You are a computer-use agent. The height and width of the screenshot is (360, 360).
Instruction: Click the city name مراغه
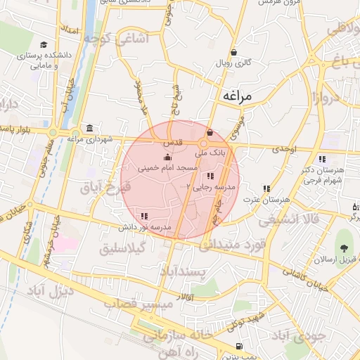click(x=240, y=96)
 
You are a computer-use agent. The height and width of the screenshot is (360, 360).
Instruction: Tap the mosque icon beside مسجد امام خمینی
click(x=167, y=158)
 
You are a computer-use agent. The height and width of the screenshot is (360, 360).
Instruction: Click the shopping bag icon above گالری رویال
click(x=233, y=52)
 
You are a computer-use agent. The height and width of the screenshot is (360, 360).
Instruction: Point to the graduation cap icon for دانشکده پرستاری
click(x=44, y=44)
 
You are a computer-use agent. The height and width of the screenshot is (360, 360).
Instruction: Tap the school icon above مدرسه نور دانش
click(x=145, y=216)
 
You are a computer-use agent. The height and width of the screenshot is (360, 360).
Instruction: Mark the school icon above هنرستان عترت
click(x=266, y=188)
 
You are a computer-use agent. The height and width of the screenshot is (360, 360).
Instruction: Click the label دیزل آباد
click(x=49, y=290)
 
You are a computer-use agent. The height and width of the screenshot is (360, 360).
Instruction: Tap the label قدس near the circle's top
click(x=173, y=142)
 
